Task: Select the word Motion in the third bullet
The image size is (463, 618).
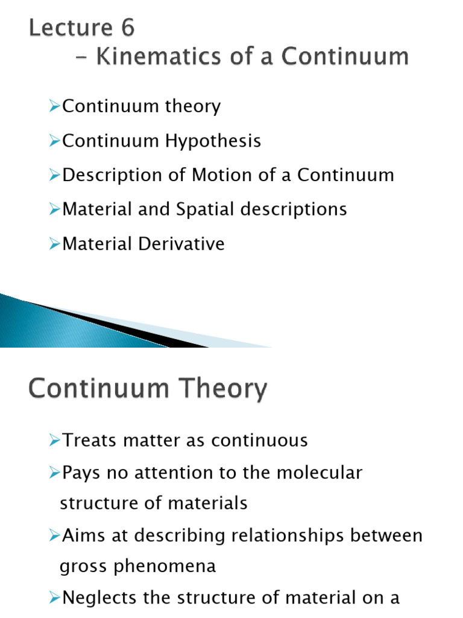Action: pos(219,175)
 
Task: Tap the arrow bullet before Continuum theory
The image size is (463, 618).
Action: pos(55,107)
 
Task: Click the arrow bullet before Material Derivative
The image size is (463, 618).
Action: pos(55,244)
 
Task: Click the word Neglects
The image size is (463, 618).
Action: pos(101,598)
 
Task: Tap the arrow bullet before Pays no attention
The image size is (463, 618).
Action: pos(55,473)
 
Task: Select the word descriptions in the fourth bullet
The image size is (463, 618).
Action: pos(297,209)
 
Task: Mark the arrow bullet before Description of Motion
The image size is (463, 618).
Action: pos(55,175)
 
